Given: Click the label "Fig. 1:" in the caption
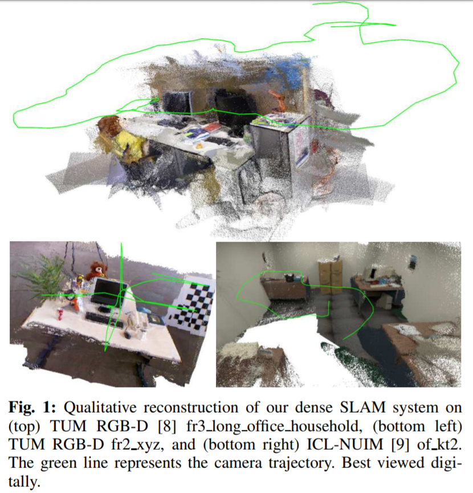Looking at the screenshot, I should coord(32,408).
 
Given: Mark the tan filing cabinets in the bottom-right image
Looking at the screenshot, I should coord(331,276).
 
